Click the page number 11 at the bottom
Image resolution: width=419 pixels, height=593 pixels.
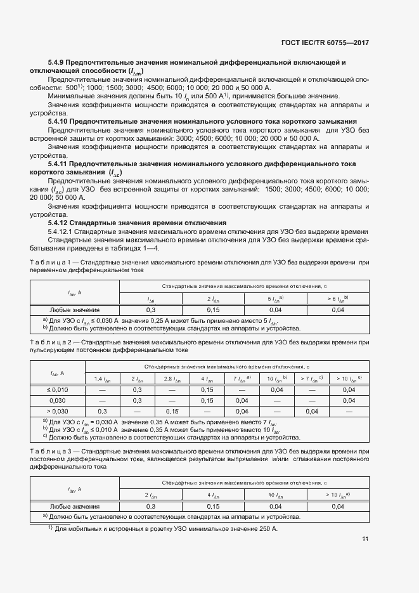[365, 540]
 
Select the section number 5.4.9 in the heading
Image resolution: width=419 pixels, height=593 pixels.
[57, 63]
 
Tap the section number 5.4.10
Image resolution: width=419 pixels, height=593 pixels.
[58, 121]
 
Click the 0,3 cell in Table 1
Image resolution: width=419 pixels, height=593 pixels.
[151, 310]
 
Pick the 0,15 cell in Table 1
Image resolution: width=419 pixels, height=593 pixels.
[213, 310]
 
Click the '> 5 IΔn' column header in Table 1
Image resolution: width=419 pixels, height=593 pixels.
[338, 298]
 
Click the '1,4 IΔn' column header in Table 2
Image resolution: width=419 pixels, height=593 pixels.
[103, 379]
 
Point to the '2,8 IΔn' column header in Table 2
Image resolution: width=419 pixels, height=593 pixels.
[172, 379]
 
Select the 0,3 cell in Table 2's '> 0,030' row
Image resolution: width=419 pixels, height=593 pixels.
[103, 411]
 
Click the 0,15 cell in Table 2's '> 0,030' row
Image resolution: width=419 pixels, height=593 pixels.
[172, 411]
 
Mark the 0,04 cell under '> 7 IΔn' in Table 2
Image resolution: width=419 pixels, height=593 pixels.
[311, 411]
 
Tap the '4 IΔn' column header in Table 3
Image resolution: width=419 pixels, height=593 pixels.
[213, 495]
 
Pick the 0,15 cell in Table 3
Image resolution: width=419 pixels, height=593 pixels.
[213, 506]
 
